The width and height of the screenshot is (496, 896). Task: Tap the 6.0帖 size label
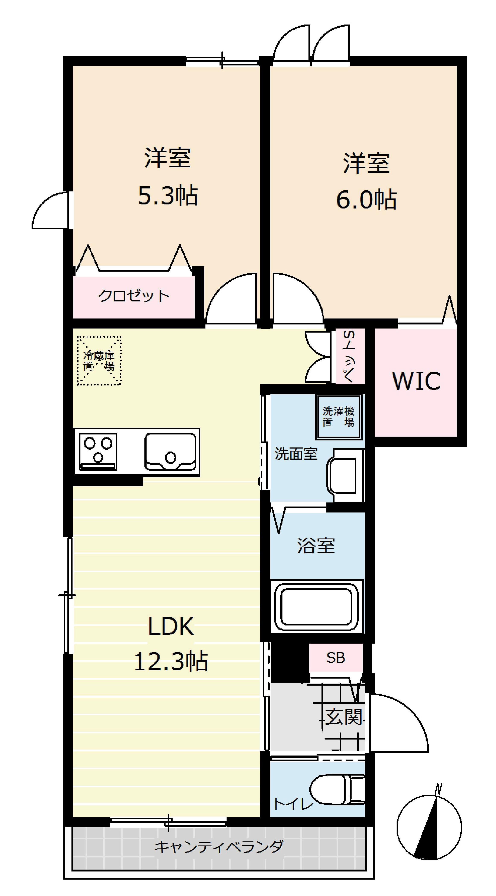tap(366, 200)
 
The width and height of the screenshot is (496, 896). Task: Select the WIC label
tap(416, 381)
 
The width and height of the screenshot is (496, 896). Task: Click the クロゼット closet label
tap(134, 296)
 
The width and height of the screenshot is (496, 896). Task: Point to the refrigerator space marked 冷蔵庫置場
tap(99, 361)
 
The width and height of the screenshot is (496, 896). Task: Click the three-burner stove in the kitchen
tap(98, 452)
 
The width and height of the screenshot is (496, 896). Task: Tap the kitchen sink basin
tap(170, 452)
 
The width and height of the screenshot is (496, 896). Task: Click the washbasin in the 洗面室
tap(345, 475)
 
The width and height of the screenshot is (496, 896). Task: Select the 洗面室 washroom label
tap(296, 454)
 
